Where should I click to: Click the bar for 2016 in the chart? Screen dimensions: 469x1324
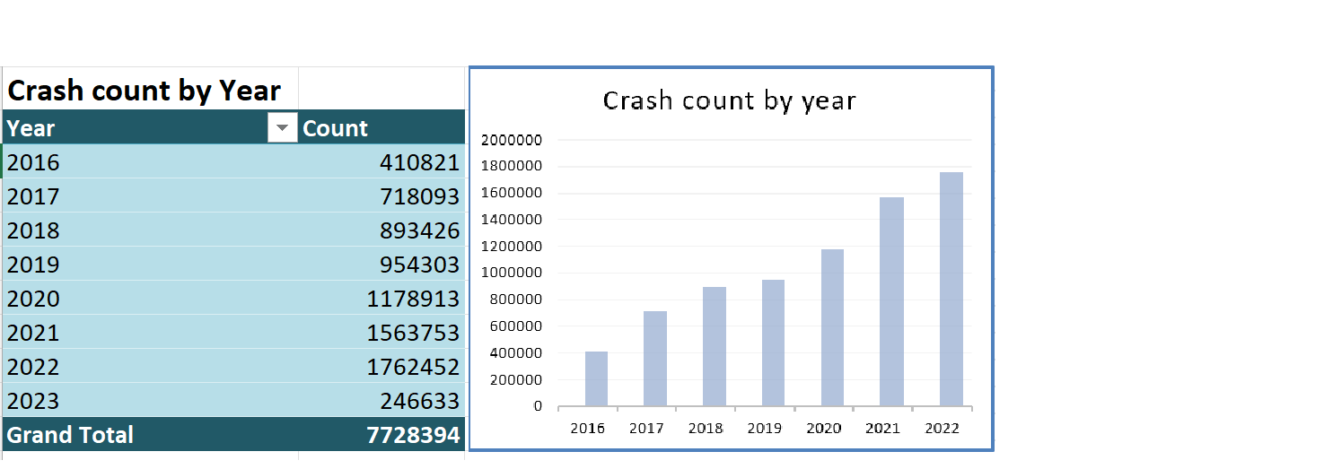coord(596,378)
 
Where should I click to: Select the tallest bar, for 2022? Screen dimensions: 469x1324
coord(951,289)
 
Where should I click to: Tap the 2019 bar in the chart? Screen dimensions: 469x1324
coord(773,343)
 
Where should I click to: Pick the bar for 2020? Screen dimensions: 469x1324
coord(832,327)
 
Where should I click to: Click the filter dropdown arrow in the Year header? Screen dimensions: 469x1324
coord(283,128)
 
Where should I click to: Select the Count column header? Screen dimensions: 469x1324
coord(336,128)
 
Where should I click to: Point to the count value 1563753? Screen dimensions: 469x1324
coord(413,333)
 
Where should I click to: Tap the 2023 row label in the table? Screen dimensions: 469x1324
coord(33,401)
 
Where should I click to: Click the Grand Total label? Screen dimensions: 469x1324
coord(70,435)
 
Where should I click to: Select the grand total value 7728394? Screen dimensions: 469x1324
coord(413,435)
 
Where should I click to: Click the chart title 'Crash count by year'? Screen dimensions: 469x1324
coord(729,100)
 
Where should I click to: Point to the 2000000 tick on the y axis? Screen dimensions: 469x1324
coord(512,140)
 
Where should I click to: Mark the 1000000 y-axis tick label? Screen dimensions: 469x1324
coord(512,273)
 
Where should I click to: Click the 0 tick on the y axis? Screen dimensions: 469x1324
coord(537,406)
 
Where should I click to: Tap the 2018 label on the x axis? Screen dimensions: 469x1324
coord(706,428)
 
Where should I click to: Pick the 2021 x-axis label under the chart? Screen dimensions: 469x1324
coord(882,428)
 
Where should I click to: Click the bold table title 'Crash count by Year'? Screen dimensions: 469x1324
coord(144,91)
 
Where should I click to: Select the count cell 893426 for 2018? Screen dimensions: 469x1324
coord(420,230)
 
